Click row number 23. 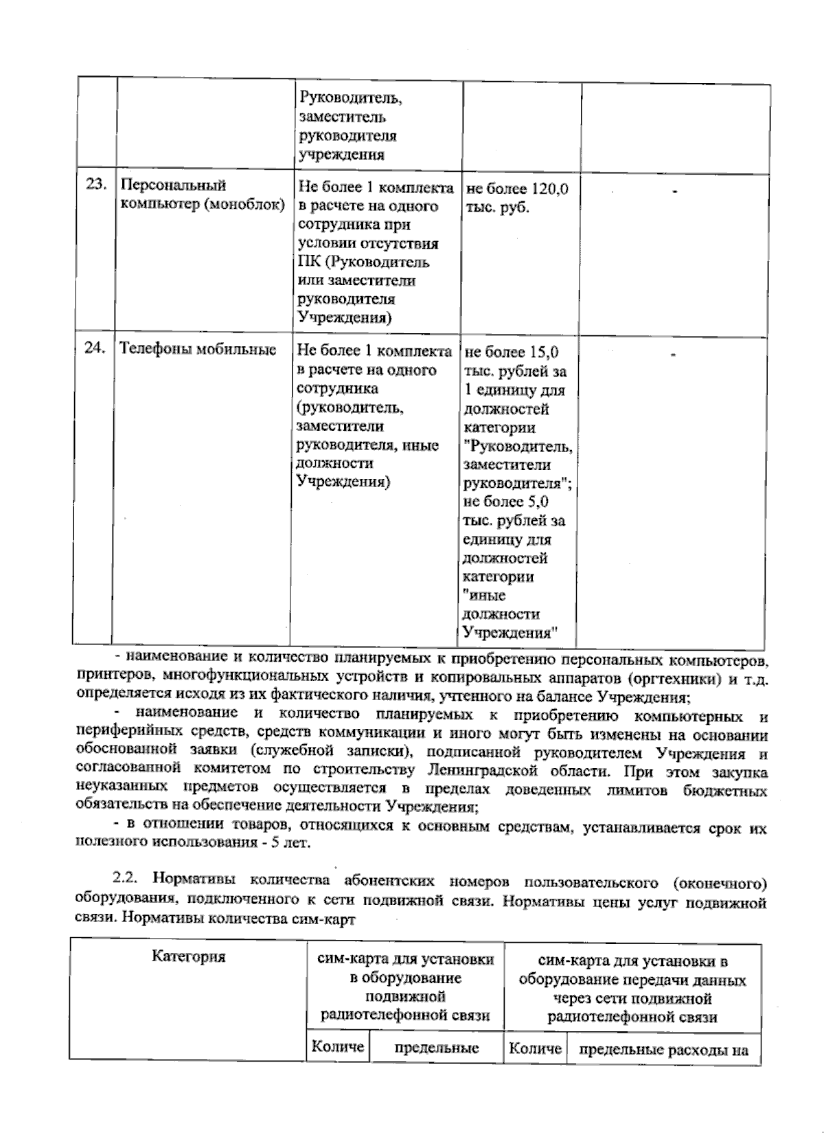95,185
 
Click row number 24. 95,349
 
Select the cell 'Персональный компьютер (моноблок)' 202,195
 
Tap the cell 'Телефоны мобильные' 198,350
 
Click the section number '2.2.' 128,881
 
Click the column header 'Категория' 189,957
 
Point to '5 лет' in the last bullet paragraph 290,842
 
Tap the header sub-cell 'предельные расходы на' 663,1050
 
